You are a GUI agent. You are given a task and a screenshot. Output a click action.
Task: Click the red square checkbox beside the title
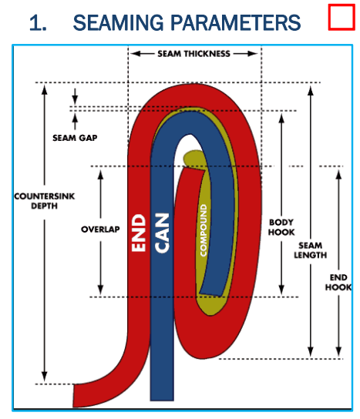(341, 17)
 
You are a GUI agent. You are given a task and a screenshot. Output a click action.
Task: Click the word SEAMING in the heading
(118, 22)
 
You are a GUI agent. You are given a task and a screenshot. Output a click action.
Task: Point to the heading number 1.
(38, 23)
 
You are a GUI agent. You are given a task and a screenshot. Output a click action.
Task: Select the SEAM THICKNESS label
(193, 54)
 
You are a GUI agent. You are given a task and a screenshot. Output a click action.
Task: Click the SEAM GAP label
(75, 138)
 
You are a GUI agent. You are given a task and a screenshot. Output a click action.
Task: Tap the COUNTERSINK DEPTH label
(45, 201)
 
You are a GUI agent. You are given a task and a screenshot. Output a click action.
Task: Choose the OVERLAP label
(100, 230)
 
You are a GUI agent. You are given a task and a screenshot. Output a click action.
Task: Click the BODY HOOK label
(281, 227)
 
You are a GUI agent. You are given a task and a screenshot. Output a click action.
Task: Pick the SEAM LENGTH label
(310, 250)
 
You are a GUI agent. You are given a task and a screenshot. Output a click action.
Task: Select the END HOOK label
(338, 282)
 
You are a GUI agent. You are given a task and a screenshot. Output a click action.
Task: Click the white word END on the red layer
(139, 233)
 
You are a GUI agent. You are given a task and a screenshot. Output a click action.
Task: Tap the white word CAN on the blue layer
(162, 233)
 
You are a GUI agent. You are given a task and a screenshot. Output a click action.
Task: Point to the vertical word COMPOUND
(204, 230)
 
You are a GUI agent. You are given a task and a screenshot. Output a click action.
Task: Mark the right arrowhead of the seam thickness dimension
(253, 54)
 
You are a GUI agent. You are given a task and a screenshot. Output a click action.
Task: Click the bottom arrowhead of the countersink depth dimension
(45, 376)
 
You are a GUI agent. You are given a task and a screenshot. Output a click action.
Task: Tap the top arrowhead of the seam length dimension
(310, 91)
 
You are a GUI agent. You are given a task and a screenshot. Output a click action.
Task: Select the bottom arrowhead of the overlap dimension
(100, 290)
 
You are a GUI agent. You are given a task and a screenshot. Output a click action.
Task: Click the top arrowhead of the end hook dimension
(338, 175)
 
